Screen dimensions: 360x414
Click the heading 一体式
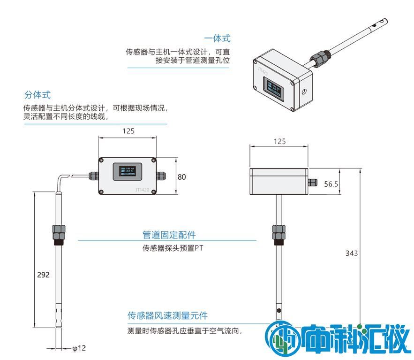[217, 38]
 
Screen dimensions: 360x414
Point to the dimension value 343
[352, 253]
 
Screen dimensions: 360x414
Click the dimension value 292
[43, 275]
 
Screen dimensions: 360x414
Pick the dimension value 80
[182, 177]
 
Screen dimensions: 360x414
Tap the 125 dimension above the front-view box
[128, 131]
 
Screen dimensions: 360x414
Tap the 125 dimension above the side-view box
[279, 141]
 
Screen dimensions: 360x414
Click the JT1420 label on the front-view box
[142, 190]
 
